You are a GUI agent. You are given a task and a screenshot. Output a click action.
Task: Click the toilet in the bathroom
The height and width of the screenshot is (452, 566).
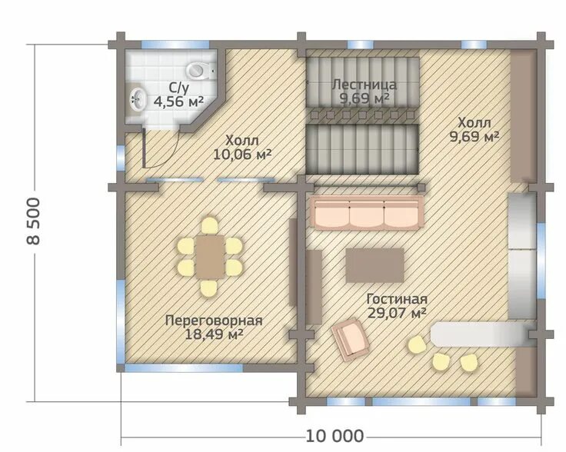point(201,71)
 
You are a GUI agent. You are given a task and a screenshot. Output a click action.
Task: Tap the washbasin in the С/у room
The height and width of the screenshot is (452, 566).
point(138,99)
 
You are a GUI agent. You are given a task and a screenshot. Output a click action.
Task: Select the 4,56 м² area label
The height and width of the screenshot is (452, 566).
point(178,101)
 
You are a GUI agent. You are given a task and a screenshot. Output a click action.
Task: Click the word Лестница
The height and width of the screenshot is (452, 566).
point(365,85)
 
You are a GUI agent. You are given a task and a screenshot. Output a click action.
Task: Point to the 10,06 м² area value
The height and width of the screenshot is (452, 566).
point(242,155)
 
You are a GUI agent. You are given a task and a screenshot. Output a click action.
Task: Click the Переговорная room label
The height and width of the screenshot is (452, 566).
point(214,321)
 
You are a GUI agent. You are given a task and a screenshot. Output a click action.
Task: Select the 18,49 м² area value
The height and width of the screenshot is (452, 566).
point(214,334)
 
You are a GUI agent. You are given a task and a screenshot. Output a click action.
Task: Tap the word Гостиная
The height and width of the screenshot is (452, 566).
point(397,299)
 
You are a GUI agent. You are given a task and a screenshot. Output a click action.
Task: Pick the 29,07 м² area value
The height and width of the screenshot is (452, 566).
point(397,313)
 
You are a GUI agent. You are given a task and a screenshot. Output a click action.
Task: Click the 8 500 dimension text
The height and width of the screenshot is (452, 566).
point(34,221)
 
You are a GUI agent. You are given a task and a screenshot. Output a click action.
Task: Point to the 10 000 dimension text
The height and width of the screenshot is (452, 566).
point(335,436)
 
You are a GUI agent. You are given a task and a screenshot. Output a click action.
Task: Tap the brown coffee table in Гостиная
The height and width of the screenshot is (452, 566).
point(375,265)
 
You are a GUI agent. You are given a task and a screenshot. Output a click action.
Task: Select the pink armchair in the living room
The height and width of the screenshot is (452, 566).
point(351,339)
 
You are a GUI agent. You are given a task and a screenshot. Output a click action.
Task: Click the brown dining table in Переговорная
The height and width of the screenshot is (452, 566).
point(210,257)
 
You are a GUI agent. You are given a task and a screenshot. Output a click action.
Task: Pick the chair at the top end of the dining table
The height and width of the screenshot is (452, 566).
point(210,225)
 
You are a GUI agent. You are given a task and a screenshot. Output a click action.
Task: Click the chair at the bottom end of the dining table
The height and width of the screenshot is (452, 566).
point(209,288)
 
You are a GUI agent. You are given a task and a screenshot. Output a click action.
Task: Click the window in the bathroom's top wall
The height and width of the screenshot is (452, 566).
point(175,45)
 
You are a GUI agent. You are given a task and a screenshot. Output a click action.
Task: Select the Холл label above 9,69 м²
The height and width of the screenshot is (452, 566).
point(474,123)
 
